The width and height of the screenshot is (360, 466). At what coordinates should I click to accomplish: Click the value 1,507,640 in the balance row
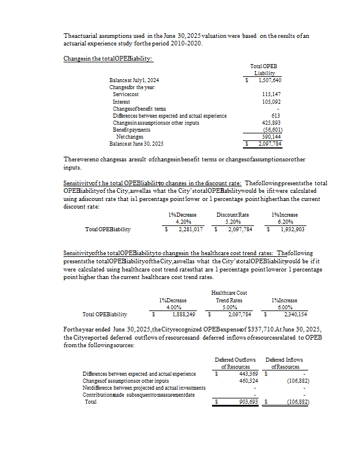pyautogui.click(x=270, y=80)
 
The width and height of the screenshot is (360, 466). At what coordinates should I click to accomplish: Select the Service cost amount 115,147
pyautogui.click(x=272, y=94)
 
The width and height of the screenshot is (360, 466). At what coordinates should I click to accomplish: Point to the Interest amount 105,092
pyautogui.click(x=272, y=101)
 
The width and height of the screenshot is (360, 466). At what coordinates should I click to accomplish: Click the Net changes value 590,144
pyautogui.click(x=272, y=137)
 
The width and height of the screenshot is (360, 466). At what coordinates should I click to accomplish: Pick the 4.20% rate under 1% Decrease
pyautogui.click(x=183, y=222)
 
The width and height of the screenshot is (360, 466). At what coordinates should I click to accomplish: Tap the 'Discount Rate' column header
pyautogui.click(x=232, y=215)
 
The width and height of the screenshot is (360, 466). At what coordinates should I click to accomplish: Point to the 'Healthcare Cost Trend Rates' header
pyautogui.click(x=229, y=296)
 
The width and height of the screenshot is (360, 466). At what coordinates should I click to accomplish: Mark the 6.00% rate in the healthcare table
pyautogui.click(x=284, y=307)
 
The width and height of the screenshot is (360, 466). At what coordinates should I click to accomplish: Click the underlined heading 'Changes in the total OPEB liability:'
pyautogui.click(x=108, y=58)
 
